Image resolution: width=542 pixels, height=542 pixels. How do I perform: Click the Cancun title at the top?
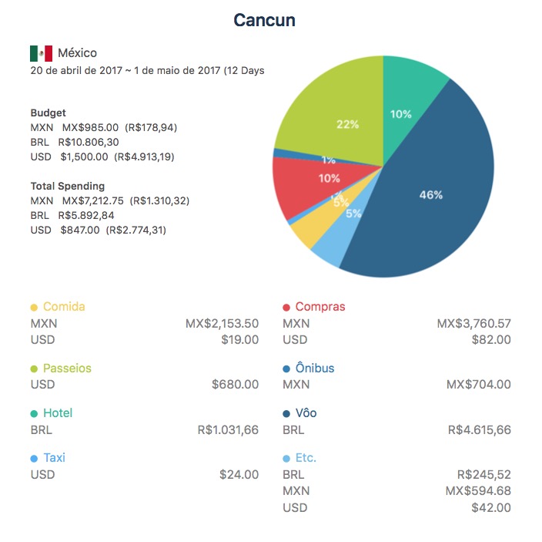point(264,21)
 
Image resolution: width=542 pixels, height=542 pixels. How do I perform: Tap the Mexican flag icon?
point(41,53)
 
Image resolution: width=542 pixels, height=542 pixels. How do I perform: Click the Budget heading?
point(48,113)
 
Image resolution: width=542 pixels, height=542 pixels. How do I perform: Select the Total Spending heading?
point(68,186)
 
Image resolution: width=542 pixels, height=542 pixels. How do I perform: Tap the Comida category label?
point(64,307)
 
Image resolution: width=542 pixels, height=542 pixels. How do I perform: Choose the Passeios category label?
point(67,369)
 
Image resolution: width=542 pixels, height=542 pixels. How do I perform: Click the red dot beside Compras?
point(286,308)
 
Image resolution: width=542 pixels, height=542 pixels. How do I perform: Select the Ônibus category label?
point(314,369)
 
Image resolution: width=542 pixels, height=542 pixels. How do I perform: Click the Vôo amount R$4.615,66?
point(479,430)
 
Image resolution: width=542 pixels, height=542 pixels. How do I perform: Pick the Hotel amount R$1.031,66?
point(227,430)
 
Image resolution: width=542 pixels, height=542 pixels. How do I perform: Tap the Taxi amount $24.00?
point(239,475)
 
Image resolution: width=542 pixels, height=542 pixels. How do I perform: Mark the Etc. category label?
point(306,458)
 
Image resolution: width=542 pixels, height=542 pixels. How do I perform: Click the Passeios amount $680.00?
point(235,385)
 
